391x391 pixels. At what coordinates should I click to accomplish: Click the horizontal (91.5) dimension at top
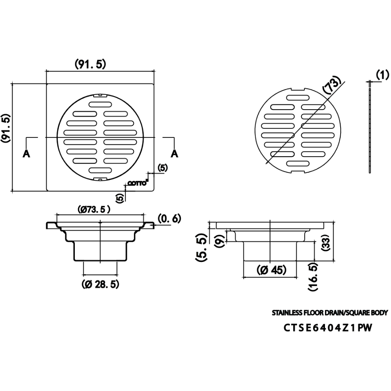(x=90, y=64)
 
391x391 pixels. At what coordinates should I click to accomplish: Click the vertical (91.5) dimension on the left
(x=6, y=128)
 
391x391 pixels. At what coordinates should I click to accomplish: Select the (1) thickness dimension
(x=383, y=75)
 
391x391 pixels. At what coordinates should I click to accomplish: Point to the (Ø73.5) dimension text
(x=94, y=209)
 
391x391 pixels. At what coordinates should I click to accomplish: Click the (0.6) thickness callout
(x=169, y=219)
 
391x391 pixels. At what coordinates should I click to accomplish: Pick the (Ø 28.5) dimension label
(x=100, y=284)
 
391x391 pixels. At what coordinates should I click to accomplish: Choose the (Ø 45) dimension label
(x=271, y=270)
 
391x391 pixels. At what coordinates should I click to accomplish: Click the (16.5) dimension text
(x=313, y=277)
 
